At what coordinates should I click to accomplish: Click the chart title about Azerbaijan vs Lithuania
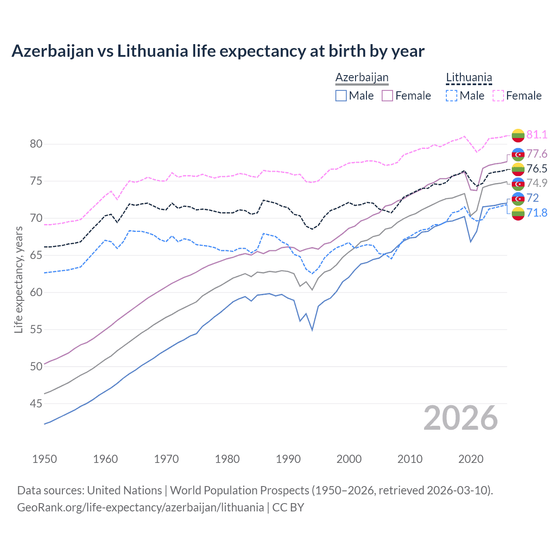coord(218,51)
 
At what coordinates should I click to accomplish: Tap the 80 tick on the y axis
coord(36,144)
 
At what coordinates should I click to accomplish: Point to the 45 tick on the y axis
coord(36,404)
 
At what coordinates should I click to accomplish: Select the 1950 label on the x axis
coord(45,459)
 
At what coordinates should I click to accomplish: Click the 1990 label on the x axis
coord(288,459)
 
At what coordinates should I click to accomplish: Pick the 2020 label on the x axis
coord(471,459)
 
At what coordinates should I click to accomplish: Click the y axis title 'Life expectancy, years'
coord(18,279)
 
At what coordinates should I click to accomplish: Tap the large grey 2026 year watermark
coord(461,418)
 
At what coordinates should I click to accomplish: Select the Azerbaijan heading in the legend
coord(362,77)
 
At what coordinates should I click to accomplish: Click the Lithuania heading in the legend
coord(469,77)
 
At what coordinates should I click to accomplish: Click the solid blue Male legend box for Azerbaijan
coord(341,96)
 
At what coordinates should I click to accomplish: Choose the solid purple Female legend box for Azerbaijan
coord(387,96)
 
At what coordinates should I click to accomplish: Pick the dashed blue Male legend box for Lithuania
coord(452,96)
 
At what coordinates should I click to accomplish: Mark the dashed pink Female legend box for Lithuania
coord(498,96)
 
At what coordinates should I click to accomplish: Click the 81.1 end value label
coord(537,135)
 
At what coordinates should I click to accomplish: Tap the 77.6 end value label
coord(537,154)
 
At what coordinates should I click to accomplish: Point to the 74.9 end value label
coord(537,183)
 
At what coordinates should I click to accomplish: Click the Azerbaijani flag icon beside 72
coord(518,198)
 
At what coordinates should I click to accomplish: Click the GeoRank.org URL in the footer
coord(140,507)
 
